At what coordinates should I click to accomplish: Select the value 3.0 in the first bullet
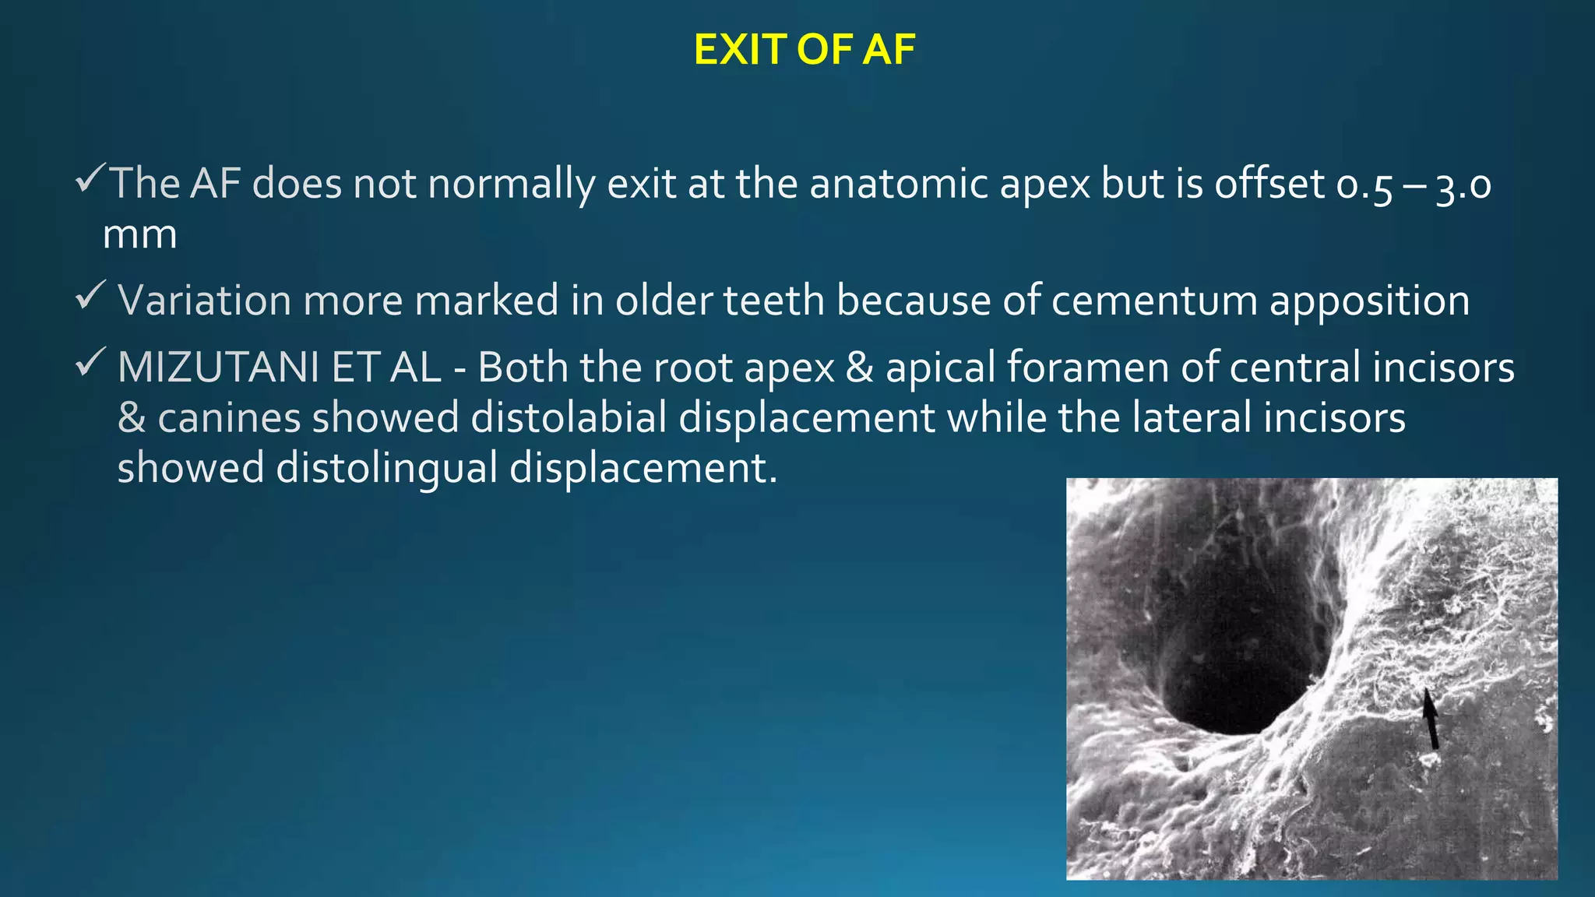pos(1463,186)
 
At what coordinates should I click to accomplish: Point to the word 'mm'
pos(140,235)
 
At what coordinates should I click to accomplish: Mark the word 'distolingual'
pos(387,469)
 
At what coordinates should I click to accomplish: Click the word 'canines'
pos(229,418)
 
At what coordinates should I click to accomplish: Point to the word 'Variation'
pos(204,301)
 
